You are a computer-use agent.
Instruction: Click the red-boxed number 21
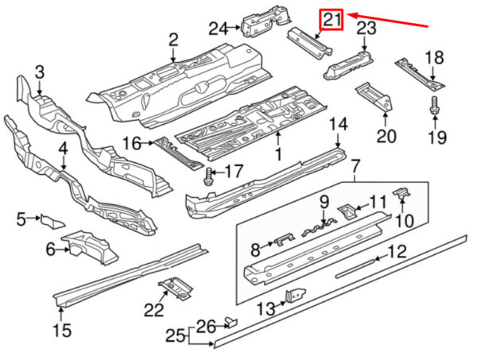[x=331, y=20]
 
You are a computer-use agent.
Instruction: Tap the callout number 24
[x=218, y=29]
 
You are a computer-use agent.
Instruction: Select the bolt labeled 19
[x=434, y=106]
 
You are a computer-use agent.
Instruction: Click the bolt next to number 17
[x=208, y=176]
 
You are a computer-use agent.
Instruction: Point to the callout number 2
[x=173, y=40]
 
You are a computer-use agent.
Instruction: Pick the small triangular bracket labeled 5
[x=52, y=222]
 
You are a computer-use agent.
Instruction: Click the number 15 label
[x=62, y=331]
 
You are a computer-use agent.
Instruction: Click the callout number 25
[x=175, y=337]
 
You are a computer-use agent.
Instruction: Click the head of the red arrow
[x=347, y=14]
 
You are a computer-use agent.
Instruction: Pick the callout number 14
[x=338, y=125]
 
